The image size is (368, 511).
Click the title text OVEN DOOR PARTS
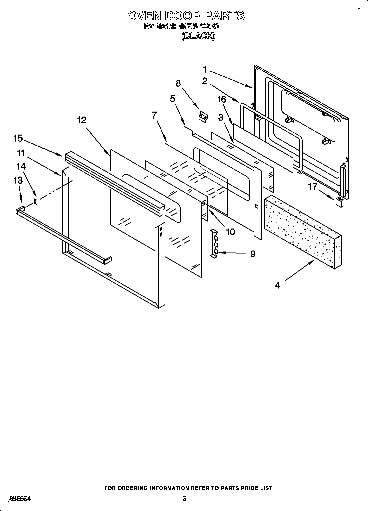click(x=186, y=16)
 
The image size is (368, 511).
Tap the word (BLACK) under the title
click(x=198, y=36)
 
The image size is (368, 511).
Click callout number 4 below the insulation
click(x=277, y=285)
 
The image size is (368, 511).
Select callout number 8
click(x=178, y=83)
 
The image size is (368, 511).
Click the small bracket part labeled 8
click(x=203, y=117)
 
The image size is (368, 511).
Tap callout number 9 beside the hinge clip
click(x=253, y=254)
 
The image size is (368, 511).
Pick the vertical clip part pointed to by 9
click(x=214, y=243)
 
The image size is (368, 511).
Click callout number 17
click(x=312, y=187)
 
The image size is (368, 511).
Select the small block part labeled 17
click(x=339, y=201)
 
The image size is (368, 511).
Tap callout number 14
click(x=21, y=166)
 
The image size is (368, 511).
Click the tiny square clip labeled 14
click(x=36, y=201)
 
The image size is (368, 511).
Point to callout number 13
click(x=18, y=180)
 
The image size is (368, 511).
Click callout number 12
click(x=81, y=120)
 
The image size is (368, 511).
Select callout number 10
click(x=230, y=232)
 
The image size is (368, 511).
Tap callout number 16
click(x=221, y=99)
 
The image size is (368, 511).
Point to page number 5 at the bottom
click(x=184, y=499)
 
